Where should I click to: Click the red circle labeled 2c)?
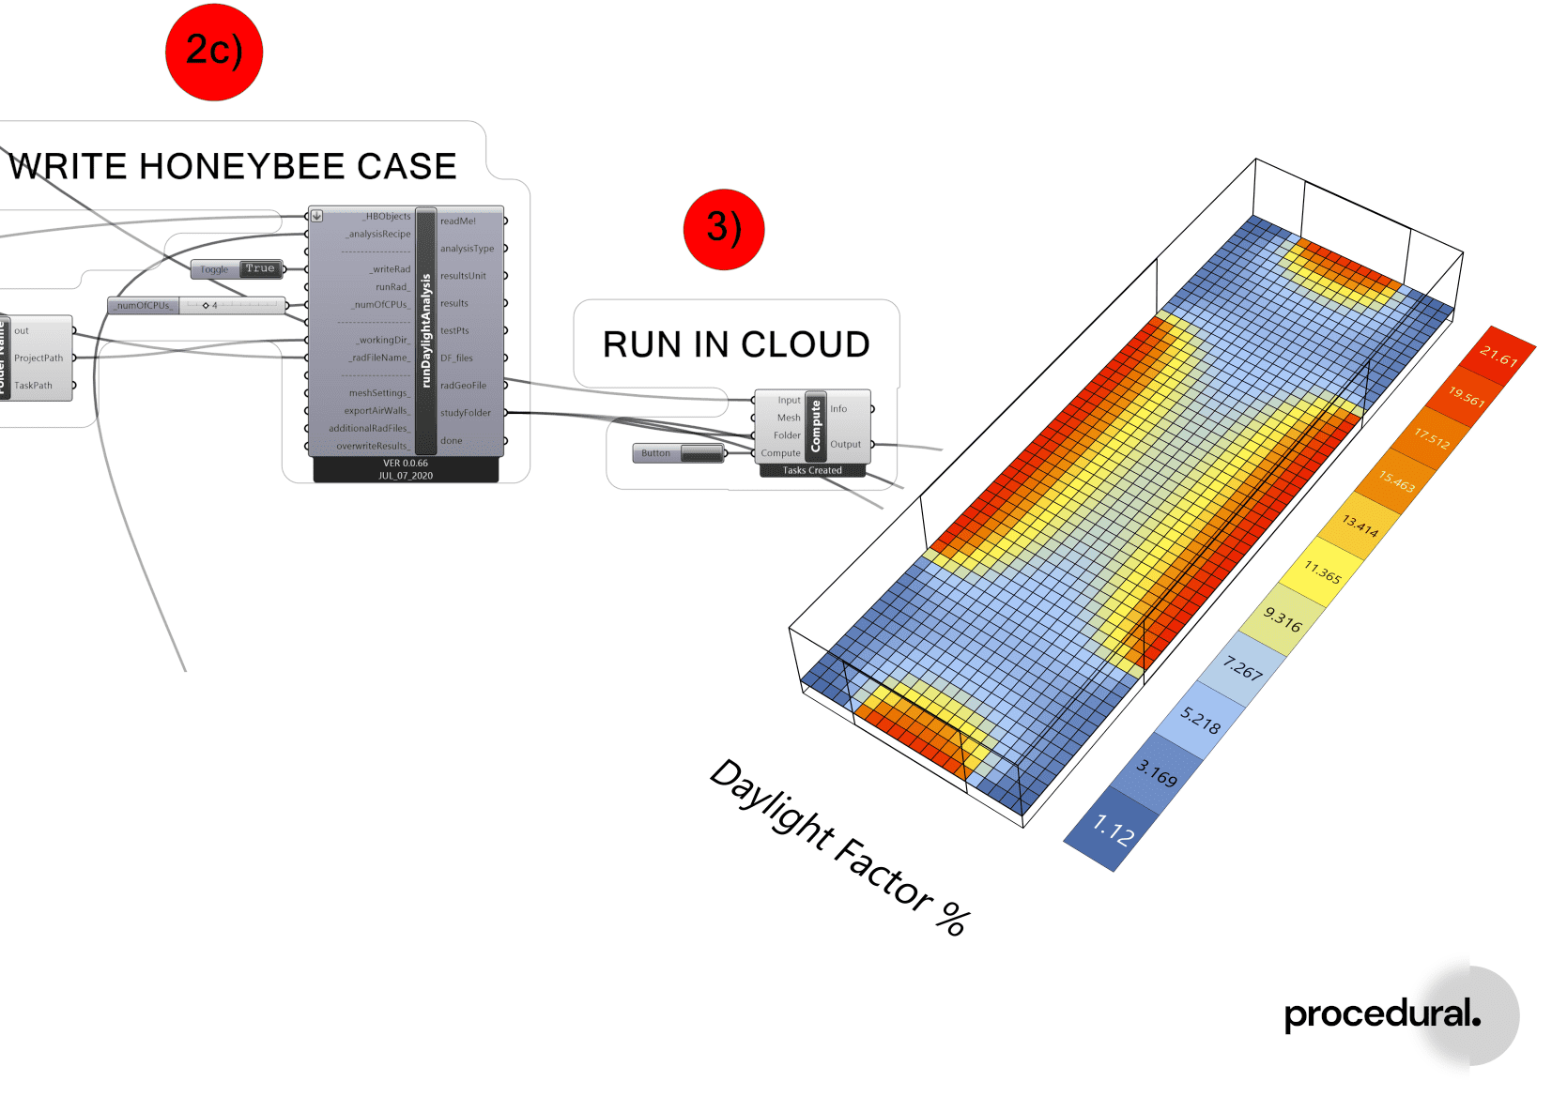point(214,53)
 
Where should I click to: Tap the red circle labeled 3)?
point(724,229)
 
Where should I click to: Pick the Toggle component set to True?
point(238,269)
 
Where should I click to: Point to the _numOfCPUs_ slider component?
point(197,306)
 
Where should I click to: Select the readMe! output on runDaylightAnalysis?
point(458,221)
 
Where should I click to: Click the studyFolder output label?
point(466,413)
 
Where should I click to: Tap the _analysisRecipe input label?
point(378,235)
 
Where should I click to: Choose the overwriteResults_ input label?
point(373,447)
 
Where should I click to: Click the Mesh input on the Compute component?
point(789,418)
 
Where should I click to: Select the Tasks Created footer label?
point(812,471)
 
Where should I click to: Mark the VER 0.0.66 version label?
point(406,464)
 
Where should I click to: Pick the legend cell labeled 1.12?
point(1114,830)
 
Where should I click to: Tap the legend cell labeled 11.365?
point(1322,571)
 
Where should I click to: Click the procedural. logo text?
point(1381,1014)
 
